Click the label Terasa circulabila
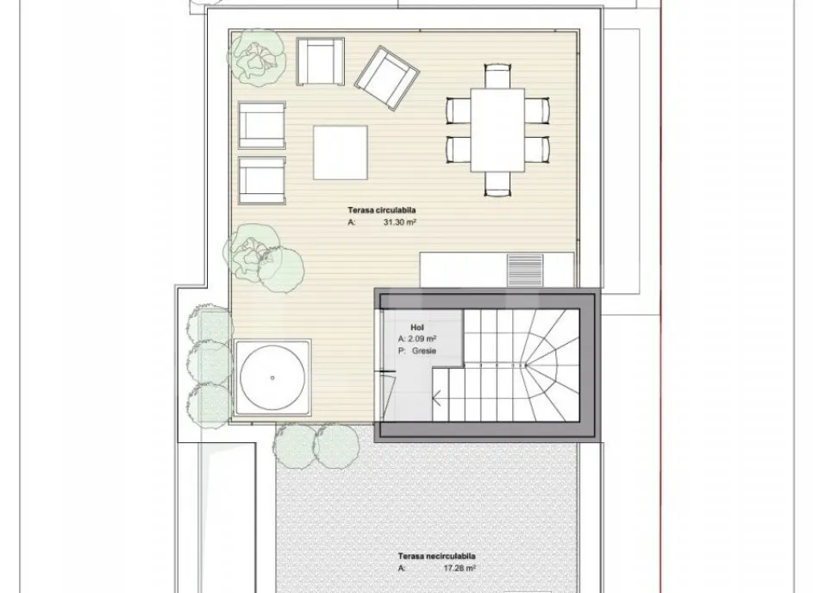coord(382,210)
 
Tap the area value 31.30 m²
coord(400,222)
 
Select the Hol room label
coord(417,328)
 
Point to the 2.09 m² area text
coord(421,339)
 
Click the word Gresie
coord(424,351)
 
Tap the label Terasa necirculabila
coord(436,556)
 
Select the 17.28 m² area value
coord(460,568)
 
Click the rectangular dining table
coord(497,130)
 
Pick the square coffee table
coord(341,153)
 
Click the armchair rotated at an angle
coord(387,78)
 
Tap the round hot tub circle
coord(272,378)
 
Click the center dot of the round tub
coord(272,378)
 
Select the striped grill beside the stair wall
coord(525,270)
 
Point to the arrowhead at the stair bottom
coord(436,399)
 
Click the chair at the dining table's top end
coord(497,76)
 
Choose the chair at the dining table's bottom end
coord(497,184)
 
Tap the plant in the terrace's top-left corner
coord(258,57)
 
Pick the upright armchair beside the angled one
coord(321,62)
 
